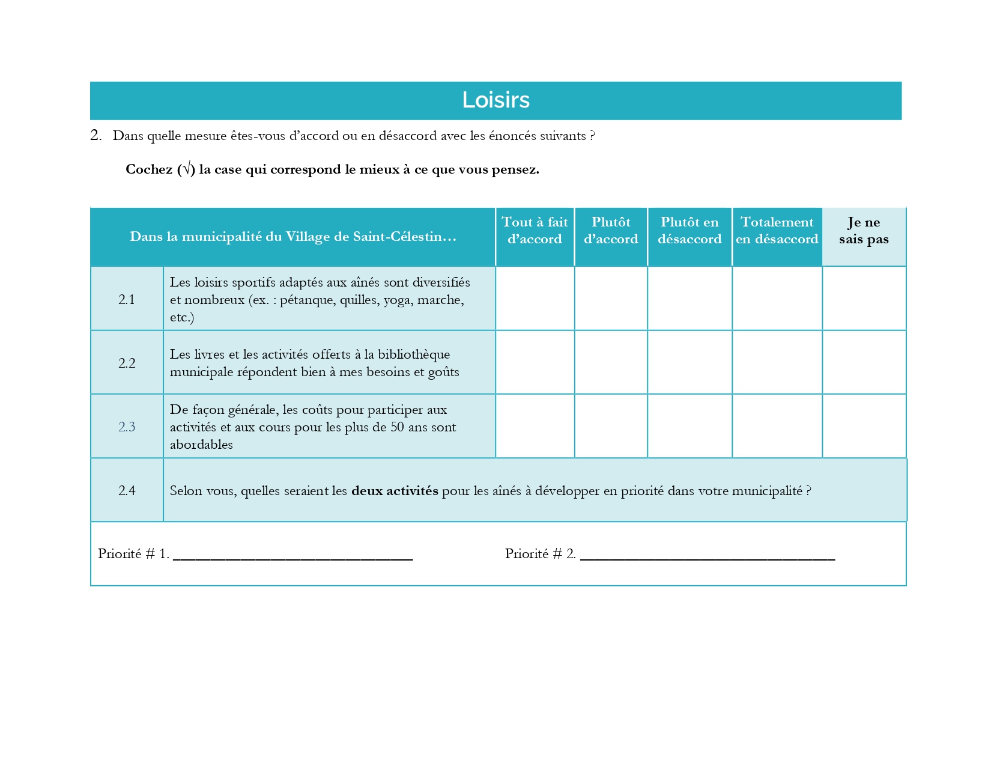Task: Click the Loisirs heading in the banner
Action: tap(495, 100)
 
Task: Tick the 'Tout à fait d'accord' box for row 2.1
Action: tap(535, 299)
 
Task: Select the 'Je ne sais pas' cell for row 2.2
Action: tap(864, 362)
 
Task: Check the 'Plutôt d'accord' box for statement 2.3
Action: tap(611, 426)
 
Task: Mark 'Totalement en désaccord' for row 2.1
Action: tap(777, 299)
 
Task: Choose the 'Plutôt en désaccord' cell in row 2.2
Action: tap(689, 362)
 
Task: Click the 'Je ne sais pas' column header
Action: tap(864, 231)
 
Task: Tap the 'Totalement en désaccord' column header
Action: tap(777, 231)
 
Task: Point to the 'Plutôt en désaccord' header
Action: tap(689, 231)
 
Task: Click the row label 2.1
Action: tap(127, 299)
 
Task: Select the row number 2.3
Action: tap(127, 427)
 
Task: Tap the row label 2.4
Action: tap(127, 490)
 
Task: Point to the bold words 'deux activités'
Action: tap(395, 491)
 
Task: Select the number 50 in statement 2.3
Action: tap(397, 427)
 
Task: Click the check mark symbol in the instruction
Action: tap(186, 169)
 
